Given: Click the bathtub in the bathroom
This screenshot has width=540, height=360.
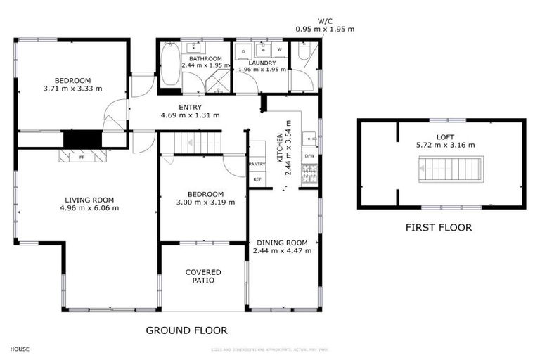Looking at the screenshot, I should tap(169, 65).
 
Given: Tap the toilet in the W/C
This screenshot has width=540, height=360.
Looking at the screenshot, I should tap(303, 51).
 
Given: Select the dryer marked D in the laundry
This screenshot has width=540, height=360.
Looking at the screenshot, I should tap(243, 51).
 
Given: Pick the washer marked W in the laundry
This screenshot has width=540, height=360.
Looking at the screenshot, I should tap(279, 50).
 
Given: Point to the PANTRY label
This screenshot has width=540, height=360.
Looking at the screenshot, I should tap(257, 164).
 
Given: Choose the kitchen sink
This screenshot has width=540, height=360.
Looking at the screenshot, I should tap(310, 138).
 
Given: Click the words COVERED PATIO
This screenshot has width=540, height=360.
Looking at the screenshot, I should tap(203, 276).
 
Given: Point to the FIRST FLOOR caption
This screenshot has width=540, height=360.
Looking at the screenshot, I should tap(438, 227).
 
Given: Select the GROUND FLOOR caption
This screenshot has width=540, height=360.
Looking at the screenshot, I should tap(186, 330).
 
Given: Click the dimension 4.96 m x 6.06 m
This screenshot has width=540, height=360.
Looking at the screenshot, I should tap(89, 207).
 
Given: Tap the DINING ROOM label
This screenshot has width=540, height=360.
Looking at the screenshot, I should tap(281, 243).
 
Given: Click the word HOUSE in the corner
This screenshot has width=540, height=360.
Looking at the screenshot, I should tap(20, 349).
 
